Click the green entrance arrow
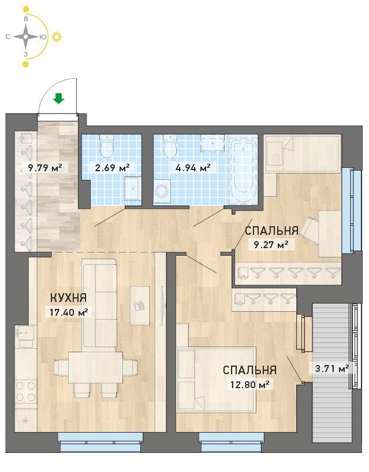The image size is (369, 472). point(58,98)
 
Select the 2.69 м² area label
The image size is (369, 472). point(112,167)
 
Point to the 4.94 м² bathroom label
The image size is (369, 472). point(193,167)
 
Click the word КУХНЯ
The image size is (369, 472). point(68,298)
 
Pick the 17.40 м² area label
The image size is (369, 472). point(68,312)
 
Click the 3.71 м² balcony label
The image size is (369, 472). point(331,368)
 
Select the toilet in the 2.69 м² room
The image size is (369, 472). point(107,146)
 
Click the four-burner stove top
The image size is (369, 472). point(26,392)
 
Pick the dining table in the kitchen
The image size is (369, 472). point(95,367)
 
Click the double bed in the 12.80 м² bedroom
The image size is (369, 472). point(217,379)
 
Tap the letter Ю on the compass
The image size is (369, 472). point(43,37)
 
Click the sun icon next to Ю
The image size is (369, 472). point(57,36)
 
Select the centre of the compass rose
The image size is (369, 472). point(26,36)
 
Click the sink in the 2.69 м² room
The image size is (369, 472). point(132,188)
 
